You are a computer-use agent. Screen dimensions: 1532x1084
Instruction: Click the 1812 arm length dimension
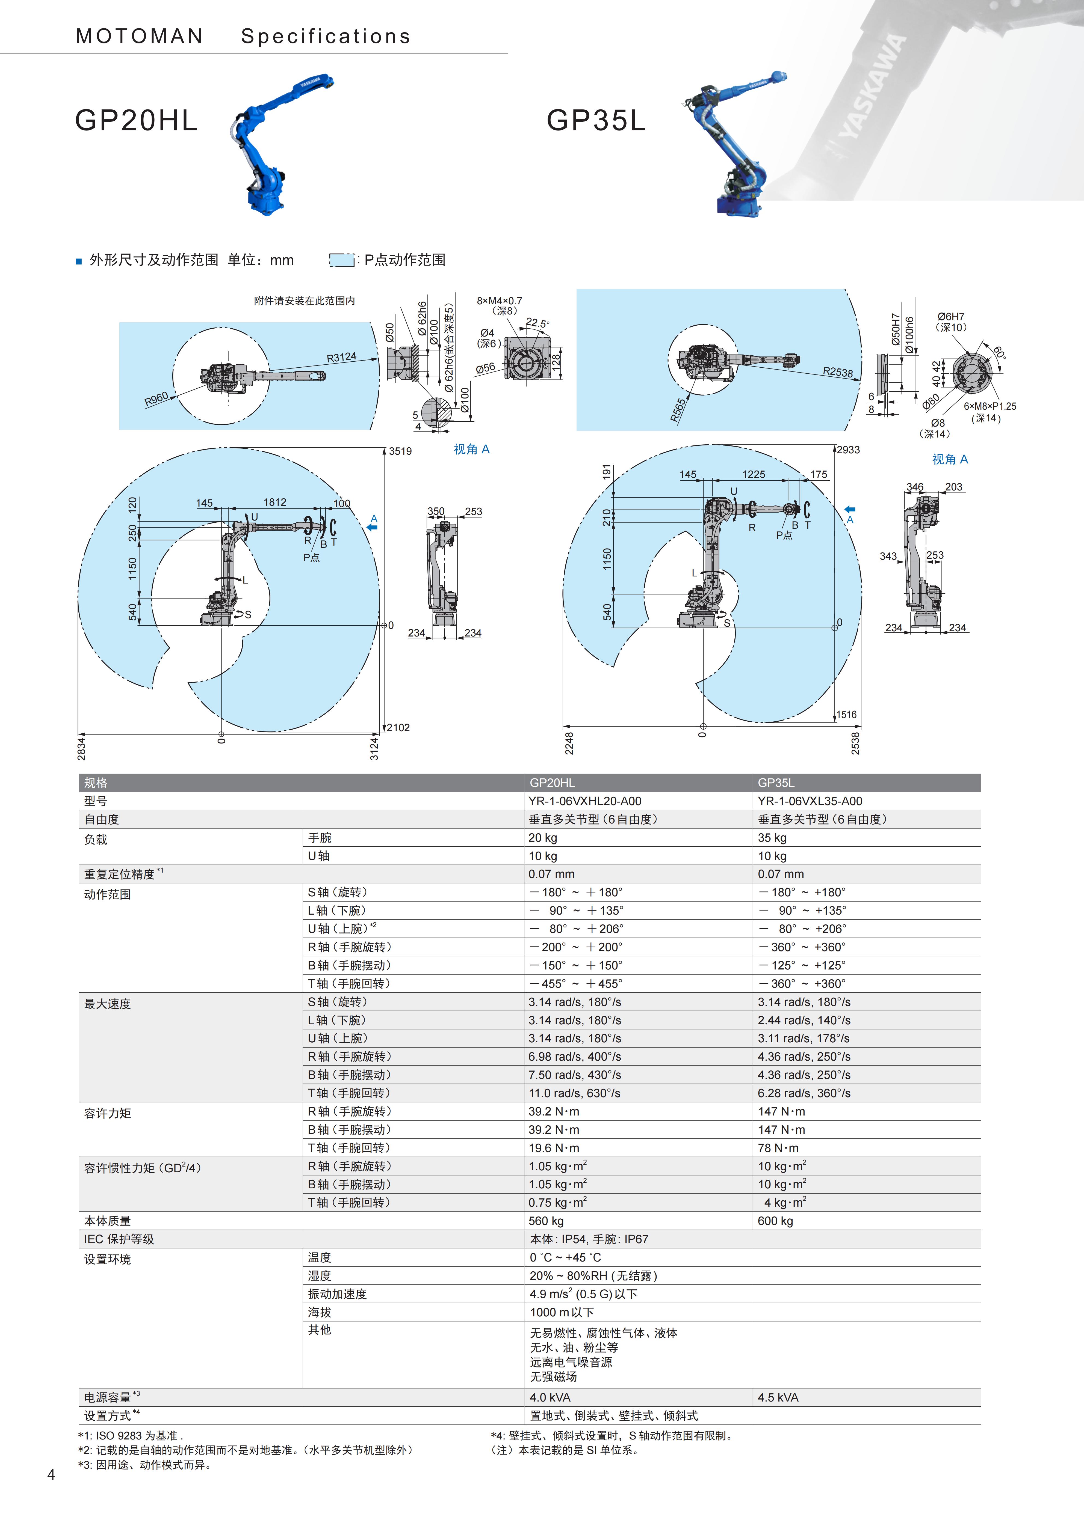tap(275, 502)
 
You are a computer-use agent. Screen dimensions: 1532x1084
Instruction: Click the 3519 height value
tap(400, 451)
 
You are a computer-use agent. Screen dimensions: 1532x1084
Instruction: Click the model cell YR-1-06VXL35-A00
tap(810, 801)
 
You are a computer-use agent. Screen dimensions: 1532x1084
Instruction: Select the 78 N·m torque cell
tap(778, 1148)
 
